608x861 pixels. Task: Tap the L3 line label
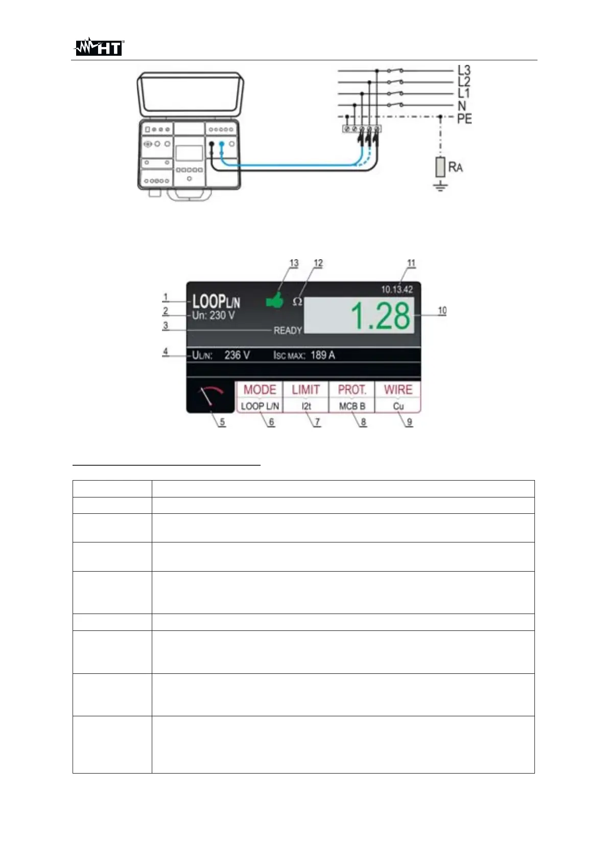pos(464,70)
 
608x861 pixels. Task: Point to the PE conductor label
pos(464,119)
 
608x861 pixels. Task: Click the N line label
pos(462,106)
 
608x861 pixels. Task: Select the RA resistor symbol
pos(440,167)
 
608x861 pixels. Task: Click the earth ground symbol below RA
pos(440,186)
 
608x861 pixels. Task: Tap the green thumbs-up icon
pos(275,300)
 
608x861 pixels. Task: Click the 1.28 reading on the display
pos(381,315)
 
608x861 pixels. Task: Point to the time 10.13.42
pos(397,289)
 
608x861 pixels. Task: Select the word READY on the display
pos(288,331)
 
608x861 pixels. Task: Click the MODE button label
pos(260,390)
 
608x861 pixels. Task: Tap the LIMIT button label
pos(306,390)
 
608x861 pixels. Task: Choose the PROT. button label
pos(352,390)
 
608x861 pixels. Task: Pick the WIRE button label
pos(398,390)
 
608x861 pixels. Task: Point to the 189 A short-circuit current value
pos(322,355)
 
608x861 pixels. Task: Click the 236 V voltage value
pos(237,355)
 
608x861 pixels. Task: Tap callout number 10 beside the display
pos(442,310)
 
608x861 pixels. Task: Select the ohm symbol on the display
pos(297,302)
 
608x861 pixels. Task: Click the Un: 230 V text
pos(213,315)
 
